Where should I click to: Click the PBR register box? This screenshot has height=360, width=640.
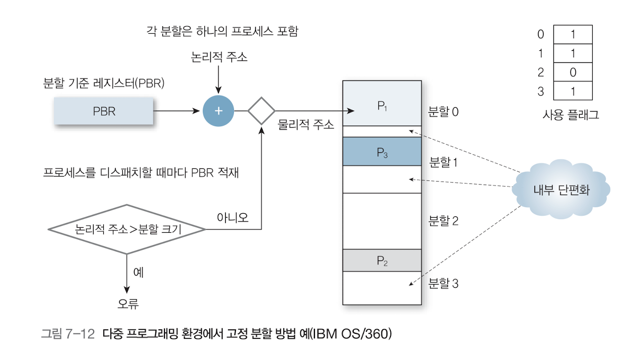coord(104,111)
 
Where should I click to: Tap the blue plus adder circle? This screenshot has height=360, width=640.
coord(218,111)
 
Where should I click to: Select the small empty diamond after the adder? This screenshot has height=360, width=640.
coord(262,111)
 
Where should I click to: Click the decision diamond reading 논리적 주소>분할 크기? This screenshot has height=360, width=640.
coord(127,229)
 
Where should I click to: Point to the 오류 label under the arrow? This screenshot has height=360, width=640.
coord(128,304)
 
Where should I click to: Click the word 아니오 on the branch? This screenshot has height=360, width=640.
coord(232,217)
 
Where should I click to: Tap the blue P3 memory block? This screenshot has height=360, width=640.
coord(382,152)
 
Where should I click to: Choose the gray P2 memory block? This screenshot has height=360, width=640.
coord(382,260)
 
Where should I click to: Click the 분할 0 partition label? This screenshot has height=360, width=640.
coord(443,112)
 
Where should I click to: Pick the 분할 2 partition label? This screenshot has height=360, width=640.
coord(443,221)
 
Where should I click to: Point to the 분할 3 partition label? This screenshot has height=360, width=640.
coord(443,284)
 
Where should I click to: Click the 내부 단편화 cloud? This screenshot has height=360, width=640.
coord(561,190)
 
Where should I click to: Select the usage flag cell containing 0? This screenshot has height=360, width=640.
coord(573,72)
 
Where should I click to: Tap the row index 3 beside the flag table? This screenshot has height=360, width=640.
coord(540,92)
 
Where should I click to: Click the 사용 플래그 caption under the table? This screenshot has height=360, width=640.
coord(571,115)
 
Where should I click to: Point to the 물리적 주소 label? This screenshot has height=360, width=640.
coord(306,125)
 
